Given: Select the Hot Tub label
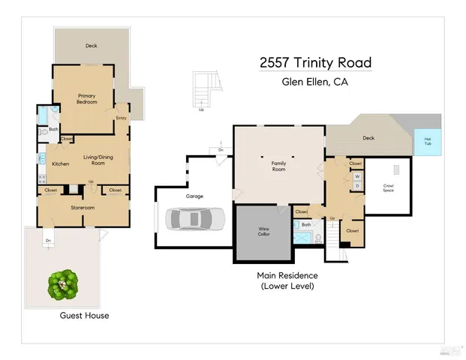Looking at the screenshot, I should click(x=428, y=140).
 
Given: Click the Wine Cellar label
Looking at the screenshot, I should click(x=263, y=232).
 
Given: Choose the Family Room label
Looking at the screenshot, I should click(x=278, y=167).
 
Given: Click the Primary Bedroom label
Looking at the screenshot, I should click(x=88, y=99).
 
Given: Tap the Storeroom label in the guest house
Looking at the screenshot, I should click(x=83, y=207).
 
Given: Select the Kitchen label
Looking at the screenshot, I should click(x=61, y=163).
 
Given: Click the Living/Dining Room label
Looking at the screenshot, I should click(x=97, y=160).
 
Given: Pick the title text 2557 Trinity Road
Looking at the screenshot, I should click(x=315, y=63).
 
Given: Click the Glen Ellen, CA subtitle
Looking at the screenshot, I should click(x=315, y=82).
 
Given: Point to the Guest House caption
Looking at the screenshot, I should click(x=84, y=316).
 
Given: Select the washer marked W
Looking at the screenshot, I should click(x=356, y=177).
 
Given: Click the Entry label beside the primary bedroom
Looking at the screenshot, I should click(x=121, y=118).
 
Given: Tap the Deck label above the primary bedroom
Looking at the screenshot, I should click(x=91, y=46).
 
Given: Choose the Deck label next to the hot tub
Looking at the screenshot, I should click(x=368, y=138).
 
